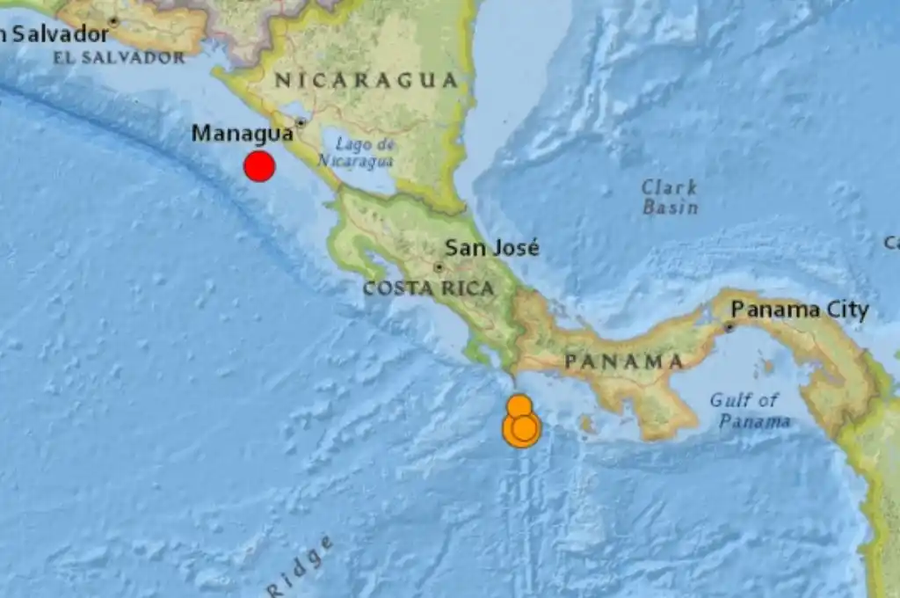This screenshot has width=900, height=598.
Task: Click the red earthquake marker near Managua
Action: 259,166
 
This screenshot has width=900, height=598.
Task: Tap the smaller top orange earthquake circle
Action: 519,405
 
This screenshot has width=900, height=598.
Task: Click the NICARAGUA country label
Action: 367,81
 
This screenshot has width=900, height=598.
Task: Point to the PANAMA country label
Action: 624,361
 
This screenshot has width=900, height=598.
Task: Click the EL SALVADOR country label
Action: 119,58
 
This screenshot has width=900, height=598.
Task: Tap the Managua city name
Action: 242,134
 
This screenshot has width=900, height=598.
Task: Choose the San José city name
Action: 491,248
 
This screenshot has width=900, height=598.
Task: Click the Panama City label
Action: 800,310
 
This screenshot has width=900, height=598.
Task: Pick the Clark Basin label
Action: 670,197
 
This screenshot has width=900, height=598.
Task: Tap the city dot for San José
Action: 439,266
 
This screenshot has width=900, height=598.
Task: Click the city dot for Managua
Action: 301,122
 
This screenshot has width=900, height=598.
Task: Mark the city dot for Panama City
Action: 729,327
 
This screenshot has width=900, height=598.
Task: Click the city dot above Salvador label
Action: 112,19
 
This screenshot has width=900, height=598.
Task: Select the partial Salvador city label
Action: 54,34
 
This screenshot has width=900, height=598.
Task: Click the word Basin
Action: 670,208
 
